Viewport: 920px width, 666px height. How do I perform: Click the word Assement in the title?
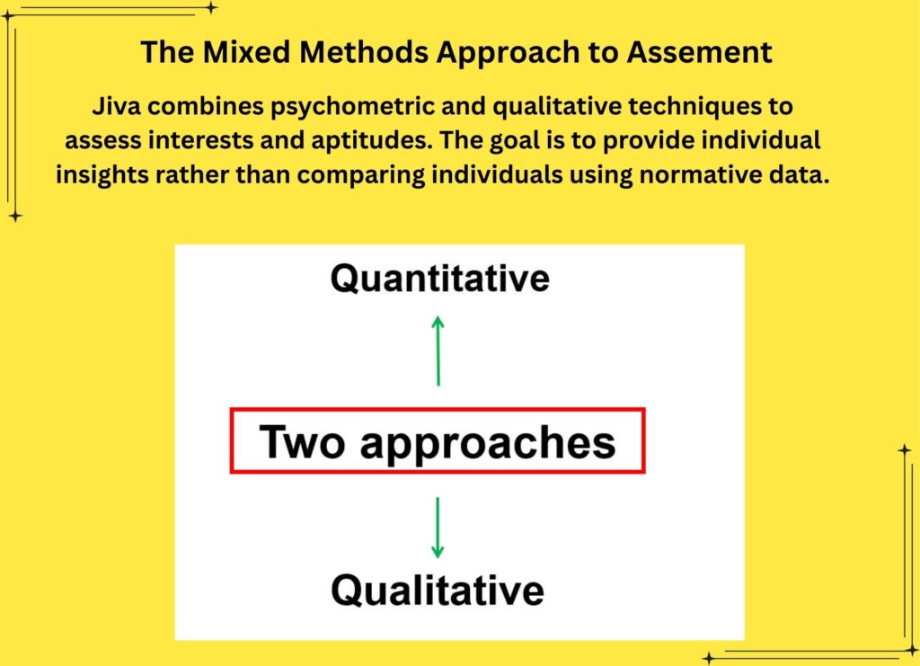pyautogui.click(x=699, y=52)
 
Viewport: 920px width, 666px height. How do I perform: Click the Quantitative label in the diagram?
pyautogui.click(x=440, y=278)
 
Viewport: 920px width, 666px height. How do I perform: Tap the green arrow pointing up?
pyautogui.click(x=438, y=351)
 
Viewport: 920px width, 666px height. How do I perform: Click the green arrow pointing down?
pyautogui.click(x=438, y=528)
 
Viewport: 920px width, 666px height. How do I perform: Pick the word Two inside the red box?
pyautogui.click(x=302, y=441)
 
